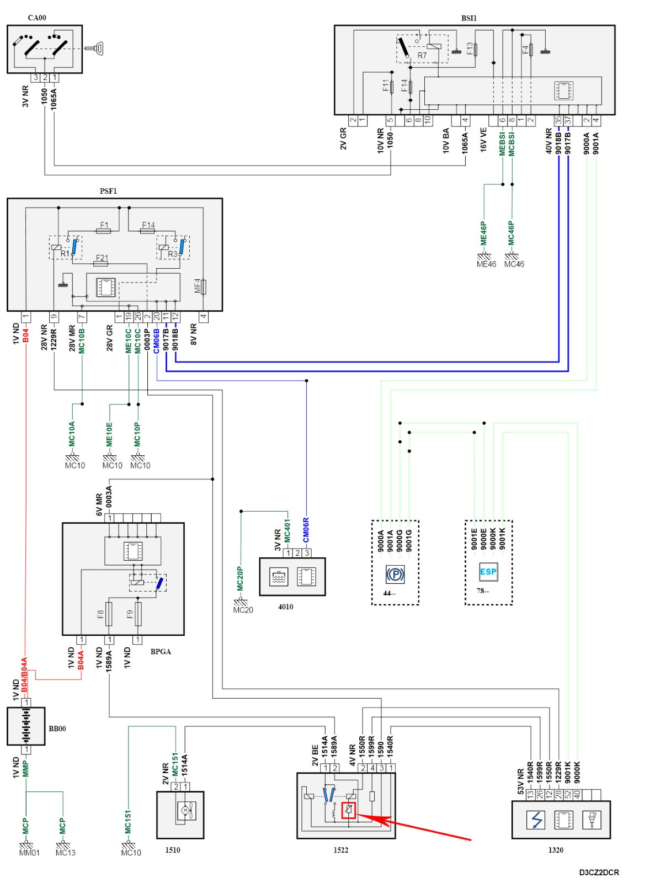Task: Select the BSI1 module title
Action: (x=468, y=18)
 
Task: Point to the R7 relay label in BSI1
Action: (x=422, y=55)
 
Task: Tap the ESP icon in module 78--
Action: (x=488, y=572)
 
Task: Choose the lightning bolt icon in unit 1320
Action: (x=536, y=820)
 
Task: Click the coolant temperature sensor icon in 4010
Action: (x=278, y=577)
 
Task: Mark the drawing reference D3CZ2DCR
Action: (x=599, y=872)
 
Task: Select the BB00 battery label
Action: (x=57, y=728)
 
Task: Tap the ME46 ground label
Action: (x=486, y=264)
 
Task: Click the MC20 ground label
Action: (x=243, y=610)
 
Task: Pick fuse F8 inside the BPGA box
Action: (x=108, y=614)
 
